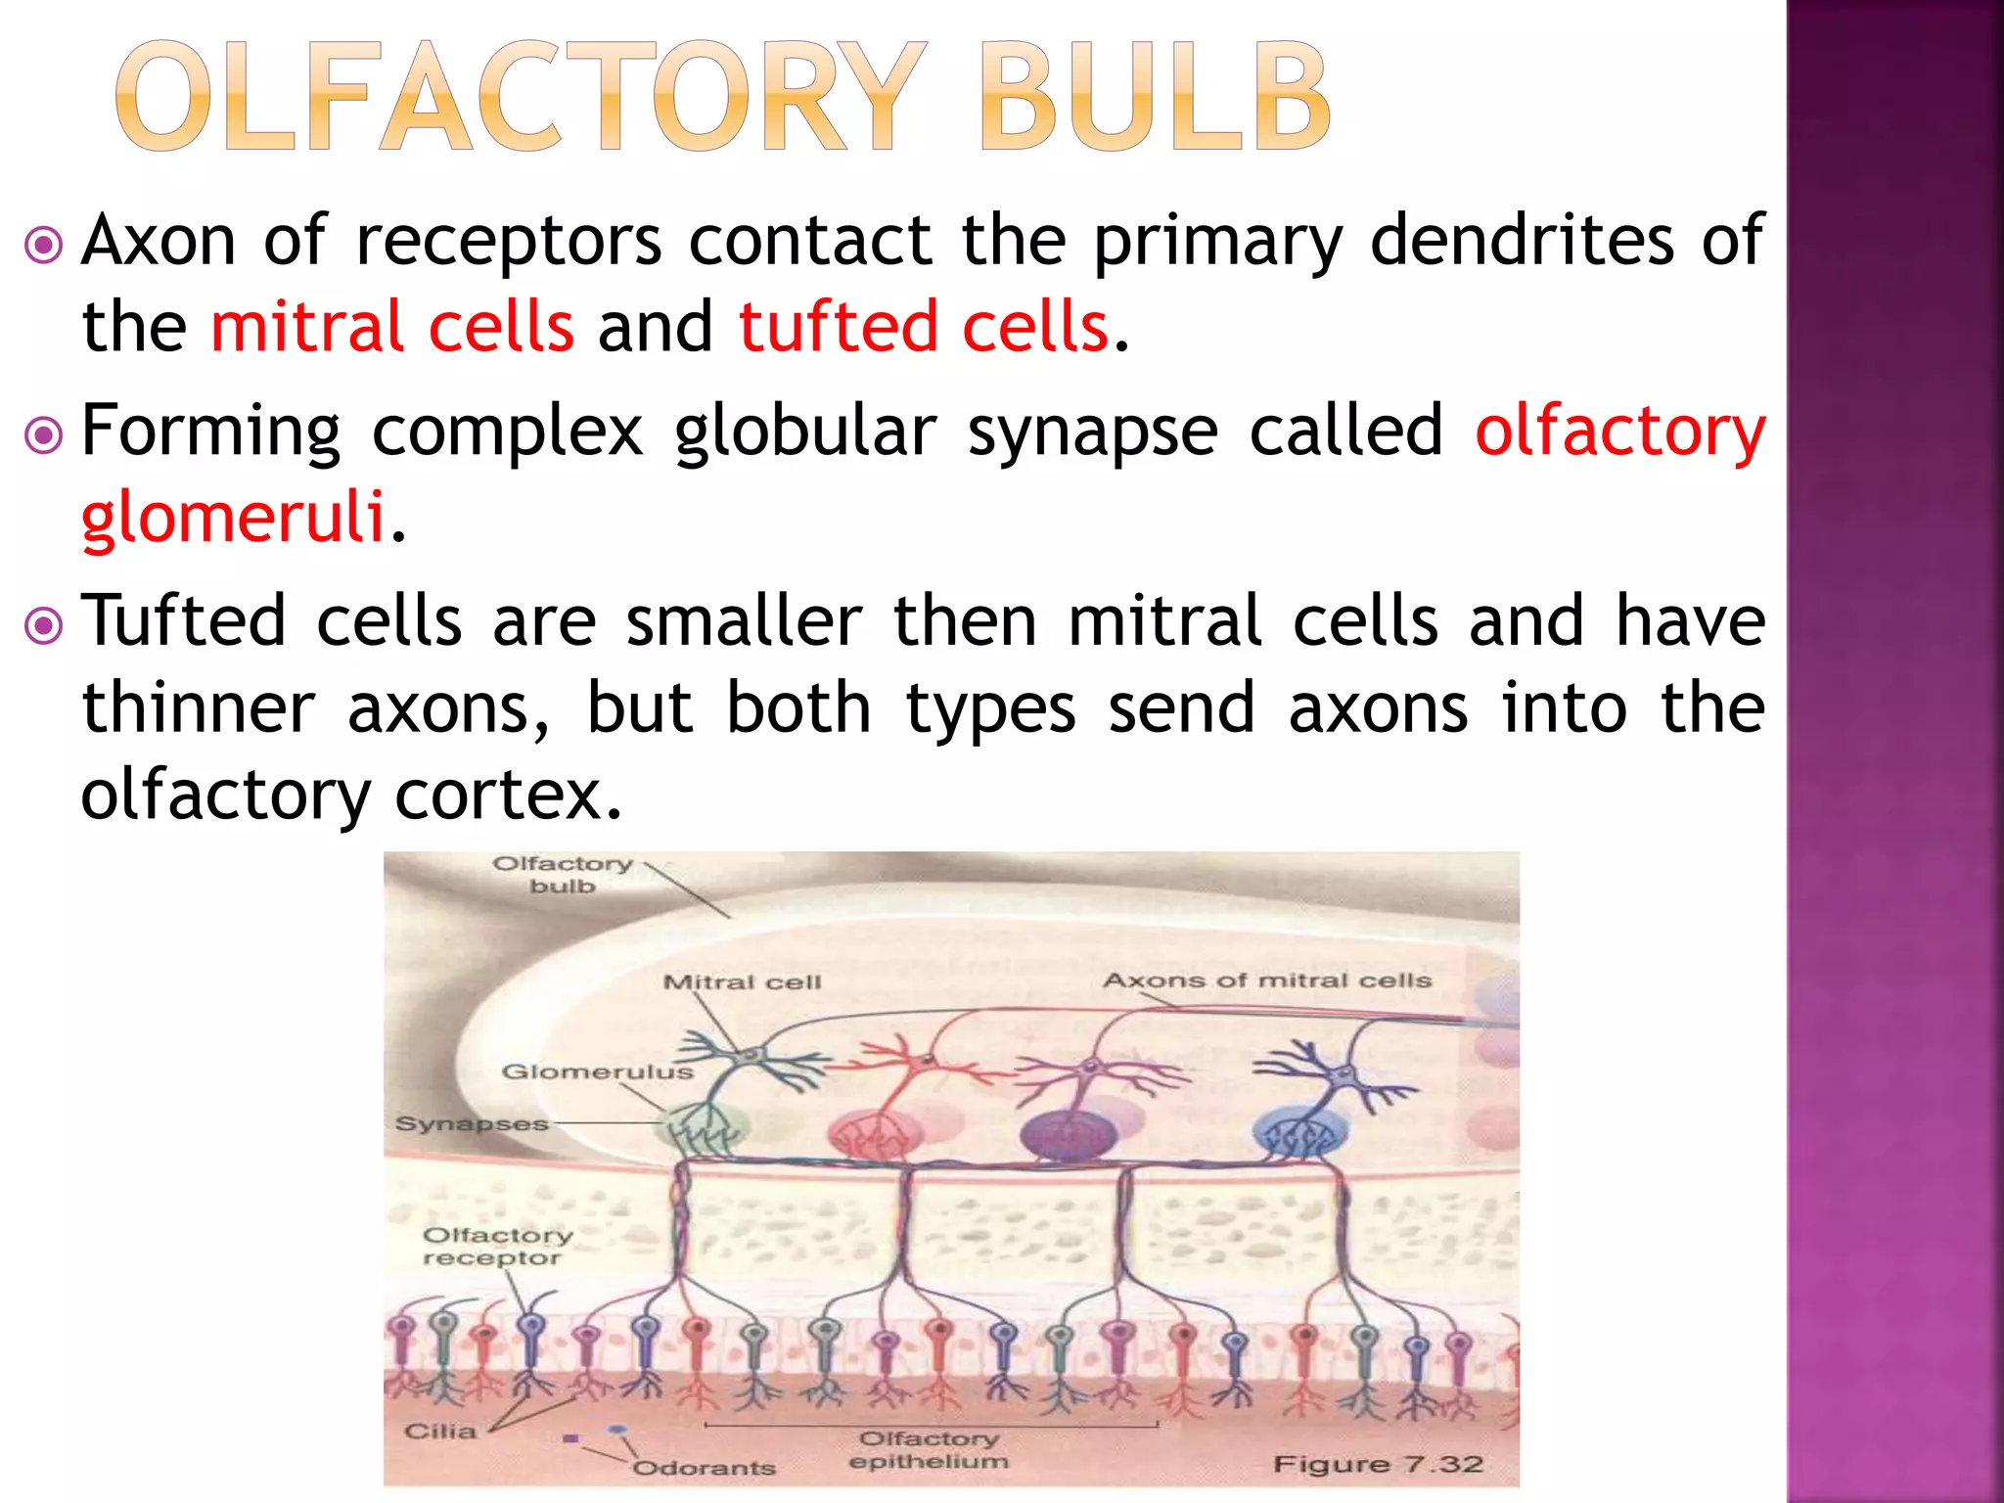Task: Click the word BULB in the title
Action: tap(1155, 98)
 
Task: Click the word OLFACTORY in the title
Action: tap(520, 98)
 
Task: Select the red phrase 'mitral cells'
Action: tap(392, 327)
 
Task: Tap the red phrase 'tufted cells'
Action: tap(924, 327)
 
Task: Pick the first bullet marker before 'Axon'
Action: tap(44, 245)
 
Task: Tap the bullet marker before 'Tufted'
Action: tap(44, 625)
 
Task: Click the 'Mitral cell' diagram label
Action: tap(742, 982)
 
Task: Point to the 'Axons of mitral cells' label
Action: tap(1267, 980)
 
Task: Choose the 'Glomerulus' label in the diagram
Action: tap(597, 1072)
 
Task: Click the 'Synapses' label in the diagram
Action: tap(472, 1124)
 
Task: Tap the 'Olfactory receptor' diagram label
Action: tap(496, 1247)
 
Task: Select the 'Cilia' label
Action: tap(440, 1432)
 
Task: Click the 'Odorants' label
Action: tap(704, 1468)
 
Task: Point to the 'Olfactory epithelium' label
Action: tap(929, 1450)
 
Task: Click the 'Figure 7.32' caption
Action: tap(1378, 1464)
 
